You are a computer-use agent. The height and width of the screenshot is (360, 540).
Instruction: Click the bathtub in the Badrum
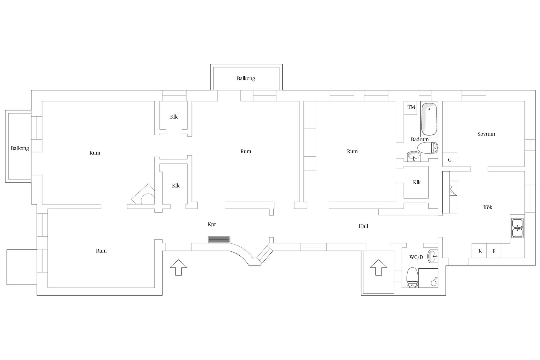[x=429, y=119]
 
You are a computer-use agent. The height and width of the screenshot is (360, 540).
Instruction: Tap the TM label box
[x=411, y=107]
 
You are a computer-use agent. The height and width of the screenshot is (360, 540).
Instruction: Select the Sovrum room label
[x=486, y=134]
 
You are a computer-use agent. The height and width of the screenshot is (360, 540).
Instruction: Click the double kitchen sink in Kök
[x=517, y=228]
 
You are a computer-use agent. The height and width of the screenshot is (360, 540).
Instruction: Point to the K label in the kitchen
[x=480, y=251]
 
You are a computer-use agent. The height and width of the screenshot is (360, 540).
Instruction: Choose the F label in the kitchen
[x=494, y=251]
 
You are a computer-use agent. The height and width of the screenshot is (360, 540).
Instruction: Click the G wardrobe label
[x=450, y=160]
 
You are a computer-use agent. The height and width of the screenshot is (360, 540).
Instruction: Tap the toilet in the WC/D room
[x=413, y=277]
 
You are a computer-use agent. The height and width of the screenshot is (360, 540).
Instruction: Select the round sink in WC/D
[x=433, y=256]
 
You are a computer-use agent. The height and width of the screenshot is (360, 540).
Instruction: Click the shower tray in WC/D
[x=428, y=278]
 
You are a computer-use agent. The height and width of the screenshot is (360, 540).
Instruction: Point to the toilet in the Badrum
[x=428, y=148]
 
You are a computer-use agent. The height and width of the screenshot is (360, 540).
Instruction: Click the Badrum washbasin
[x=413, y=156]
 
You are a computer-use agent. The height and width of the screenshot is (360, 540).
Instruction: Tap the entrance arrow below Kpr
[x=179, y=267]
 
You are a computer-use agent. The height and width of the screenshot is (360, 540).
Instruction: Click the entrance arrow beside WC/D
[x=378, y=267]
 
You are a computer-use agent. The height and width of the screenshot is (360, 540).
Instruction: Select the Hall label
[x=363, y=226]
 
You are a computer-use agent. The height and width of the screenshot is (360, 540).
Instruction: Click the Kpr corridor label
[x=212, y=224]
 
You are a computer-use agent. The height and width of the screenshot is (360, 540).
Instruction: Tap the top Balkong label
[x=246, y=78]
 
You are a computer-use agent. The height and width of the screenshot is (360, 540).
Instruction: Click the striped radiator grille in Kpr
[x=219, y=240]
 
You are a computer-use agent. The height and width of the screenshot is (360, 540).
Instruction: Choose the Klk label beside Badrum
[x=417, y=182]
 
